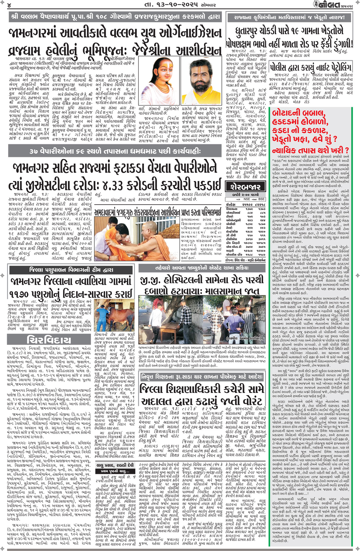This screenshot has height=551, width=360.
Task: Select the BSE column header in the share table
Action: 261,199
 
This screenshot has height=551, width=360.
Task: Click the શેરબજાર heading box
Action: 245,187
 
